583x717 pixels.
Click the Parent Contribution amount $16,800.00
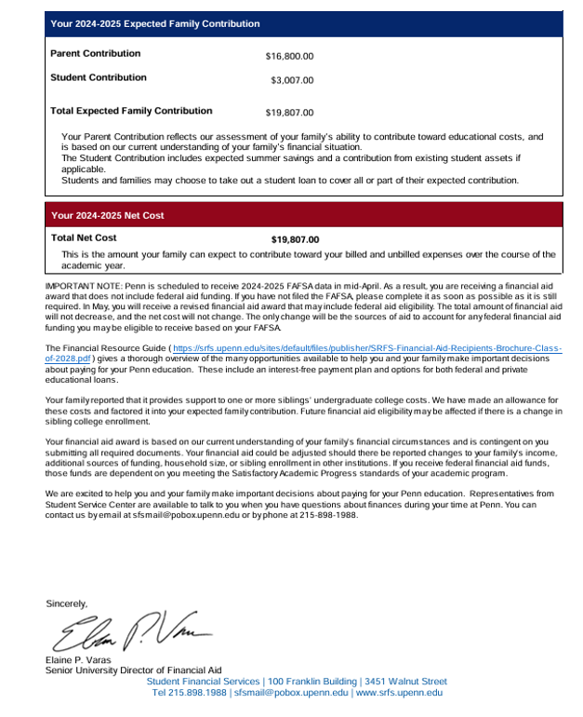[x=289, y=57]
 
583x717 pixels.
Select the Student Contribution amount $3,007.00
[x=292, y=81]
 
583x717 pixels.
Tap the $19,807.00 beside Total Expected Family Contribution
[x=289, y=114]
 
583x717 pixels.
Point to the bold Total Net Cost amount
[x=295, y=239]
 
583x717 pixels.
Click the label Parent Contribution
[x=95, y=54]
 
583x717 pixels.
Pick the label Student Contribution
[x=98, y=78]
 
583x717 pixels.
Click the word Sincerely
[x=66, y=603]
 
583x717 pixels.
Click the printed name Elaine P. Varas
[x=78, y=661]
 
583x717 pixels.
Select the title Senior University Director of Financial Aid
[x=133, y=670]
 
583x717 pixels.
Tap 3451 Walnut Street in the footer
[x=405, y=682]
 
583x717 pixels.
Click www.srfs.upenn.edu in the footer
[x=399, y=693]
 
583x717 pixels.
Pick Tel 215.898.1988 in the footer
[x=189, y=693]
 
